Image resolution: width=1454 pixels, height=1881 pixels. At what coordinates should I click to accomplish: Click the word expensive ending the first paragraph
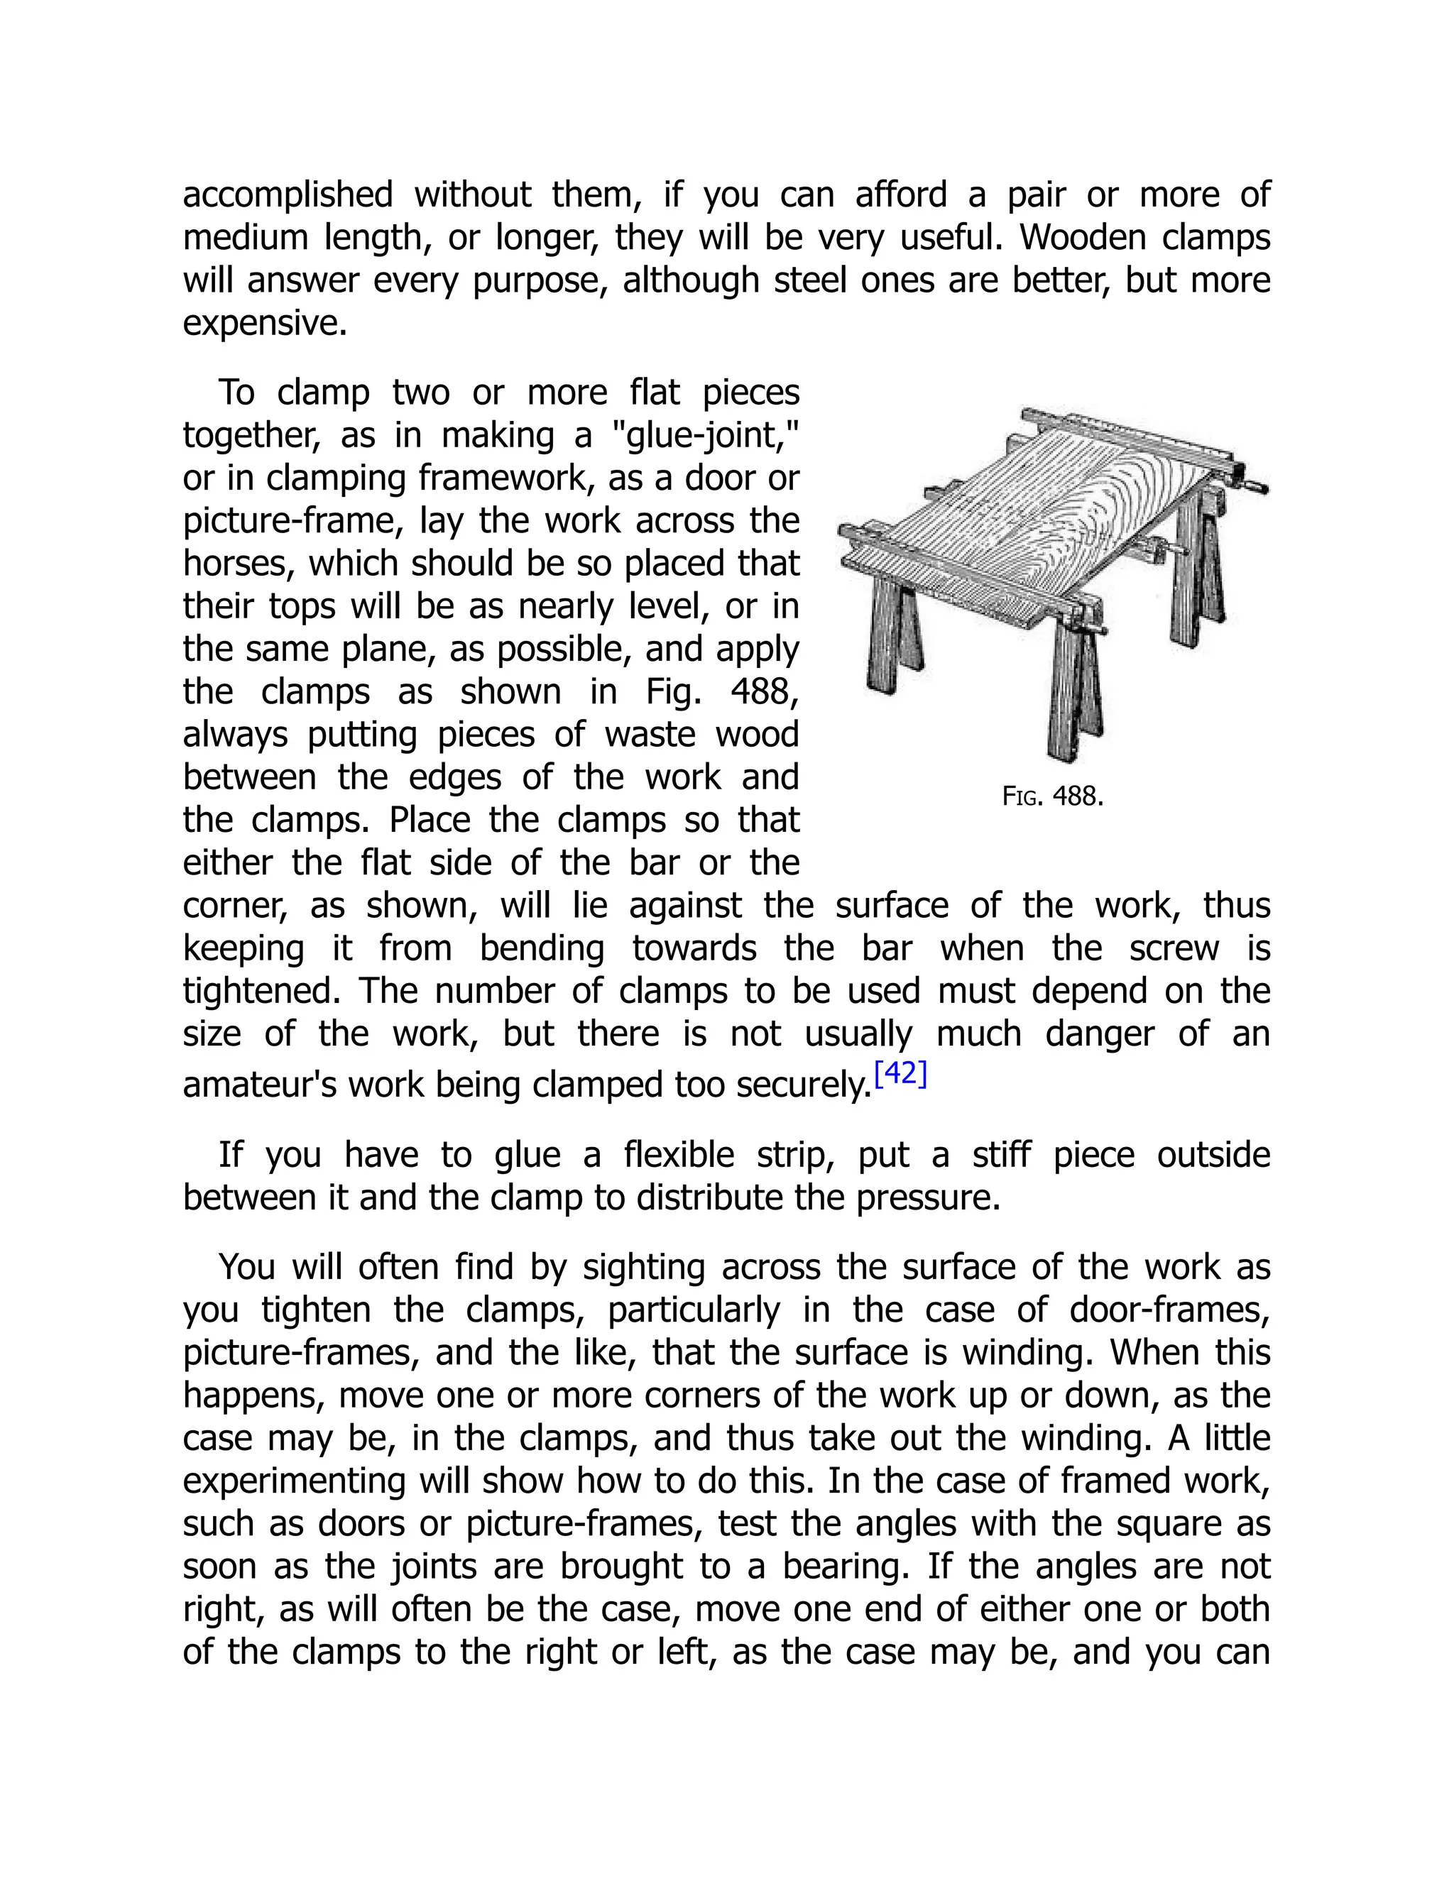[x=263, y=324]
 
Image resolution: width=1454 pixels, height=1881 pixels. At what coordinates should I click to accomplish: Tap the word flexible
[x=679, y=1155]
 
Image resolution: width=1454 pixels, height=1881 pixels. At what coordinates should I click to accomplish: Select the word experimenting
[x=293, y=1481]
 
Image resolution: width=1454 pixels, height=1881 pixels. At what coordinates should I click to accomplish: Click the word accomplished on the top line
[x=288, y=195]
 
